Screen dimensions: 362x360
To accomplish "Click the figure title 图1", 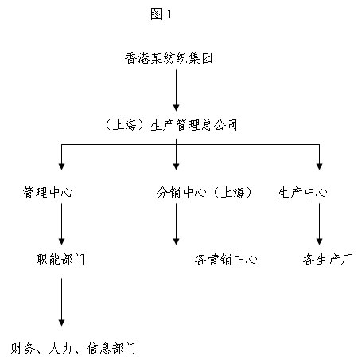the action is (x=162, y=14).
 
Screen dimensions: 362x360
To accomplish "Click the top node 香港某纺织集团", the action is (x=169, y=58).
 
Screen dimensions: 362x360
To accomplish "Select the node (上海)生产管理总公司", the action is (x=171, y=125).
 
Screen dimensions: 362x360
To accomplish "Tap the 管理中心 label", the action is (x=48, y=192).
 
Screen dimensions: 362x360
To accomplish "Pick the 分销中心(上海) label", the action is (x=204, y=192).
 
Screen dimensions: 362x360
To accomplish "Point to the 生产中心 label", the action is (x=302, y=192).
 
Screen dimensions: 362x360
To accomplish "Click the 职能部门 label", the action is (x=60, y=260).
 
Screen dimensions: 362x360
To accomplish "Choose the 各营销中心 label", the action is (x=226, y=260).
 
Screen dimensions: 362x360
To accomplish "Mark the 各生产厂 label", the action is (x=328, y=260).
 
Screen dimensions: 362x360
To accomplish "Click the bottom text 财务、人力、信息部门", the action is (x=73, y=349).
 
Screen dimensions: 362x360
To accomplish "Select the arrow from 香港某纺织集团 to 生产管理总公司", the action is (x=176, y=90).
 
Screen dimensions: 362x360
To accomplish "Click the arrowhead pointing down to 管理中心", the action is (x=61, y=166).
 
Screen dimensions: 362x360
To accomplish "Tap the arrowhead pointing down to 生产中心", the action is (x=319, y=166).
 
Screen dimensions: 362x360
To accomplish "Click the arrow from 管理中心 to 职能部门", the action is (x=61, y=224).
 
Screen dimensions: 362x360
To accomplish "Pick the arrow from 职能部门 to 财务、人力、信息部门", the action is (x=61, y=302).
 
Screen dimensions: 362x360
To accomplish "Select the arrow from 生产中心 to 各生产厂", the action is (x=319, y=224).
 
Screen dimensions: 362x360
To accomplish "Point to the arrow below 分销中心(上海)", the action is (x=176, y=224).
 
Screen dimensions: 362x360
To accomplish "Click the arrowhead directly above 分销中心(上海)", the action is (x=176, y=166).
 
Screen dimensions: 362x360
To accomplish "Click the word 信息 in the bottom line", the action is (x=99, y=349).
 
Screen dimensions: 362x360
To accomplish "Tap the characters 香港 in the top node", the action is (x=137, y=58).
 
